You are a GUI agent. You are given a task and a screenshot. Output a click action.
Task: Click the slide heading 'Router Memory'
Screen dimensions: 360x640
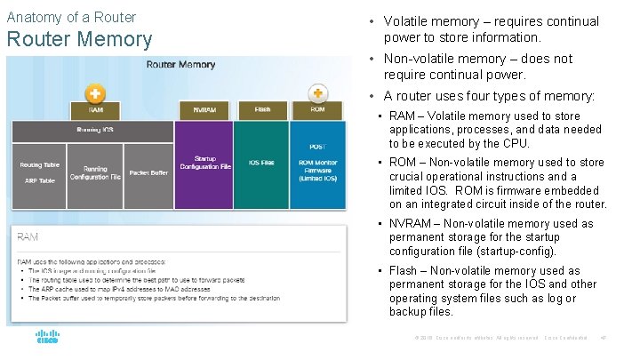coord(79,39)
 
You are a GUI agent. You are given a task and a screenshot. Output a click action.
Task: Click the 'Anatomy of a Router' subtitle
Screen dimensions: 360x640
coord(71,17)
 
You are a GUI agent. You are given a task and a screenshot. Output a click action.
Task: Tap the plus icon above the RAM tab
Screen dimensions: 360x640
coord(95,92)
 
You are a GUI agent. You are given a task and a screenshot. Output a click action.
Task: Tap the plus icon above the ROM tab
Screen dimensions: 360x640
coord(317,92)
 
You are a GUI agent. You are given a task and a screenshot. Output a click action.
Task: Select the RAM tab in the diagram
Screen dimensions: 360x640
coord(95,110)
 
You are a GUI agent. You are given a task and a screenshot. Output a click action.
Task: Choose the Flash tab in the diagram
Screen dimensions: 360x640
coord(262,110)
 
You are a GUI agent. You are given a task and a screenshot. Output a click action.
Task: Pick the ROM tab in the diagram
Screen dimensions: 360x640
coord(317,110)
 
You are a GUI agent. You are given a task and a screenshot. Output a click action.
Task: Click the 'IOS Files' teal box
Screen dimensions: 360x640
coord(261,163)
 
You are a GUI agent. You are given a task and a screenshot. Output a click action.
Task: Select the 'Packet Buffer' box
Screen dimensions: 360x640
coord(148,172)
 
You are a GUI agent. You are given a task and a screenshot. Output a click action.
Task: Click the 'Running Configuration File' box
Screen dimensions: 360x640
coord(95,172)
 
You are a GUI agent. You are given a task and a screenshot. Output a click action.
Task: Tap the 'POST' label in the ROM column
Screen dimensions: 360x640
coord(317,146)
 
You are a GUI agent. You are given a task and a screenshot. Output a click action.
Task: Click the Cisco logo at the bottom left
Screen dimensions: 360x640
coord(47,338)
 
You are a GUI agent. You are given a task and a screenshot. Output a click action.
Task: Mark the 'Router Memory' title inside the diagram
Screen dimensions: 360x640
coord(180,65)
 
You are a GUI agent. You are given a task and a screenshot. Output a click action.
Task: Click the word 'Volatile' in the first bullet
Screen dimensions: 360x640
coord(409,21)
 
